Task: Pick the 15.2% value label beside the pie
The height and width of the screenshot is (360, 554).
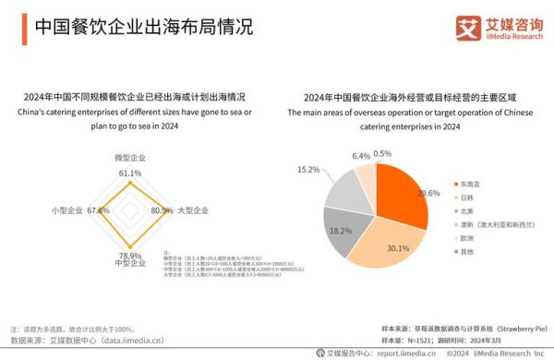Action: [307, 170]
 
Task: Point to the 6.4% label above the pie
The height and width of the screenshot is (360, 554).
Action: [361, 156]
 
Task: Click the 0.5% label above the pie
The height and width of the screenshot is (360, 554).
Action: [381, 153]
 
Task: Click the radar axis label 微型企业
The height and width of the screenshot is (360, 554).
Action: [129, 159]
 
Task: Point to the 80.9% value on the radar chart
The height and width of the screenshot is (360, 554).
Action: [162, 211]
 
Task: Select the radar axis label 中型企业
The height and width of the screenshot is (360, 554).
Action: [129, 264]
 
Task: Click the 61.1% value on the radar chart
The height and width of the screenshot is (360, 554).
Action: [129, 173]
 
